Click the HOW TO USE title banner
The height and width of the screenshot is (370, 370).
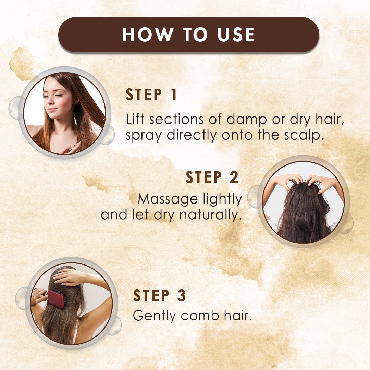(188, 35)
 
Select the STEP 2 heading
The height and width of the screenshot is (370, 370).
(212, 177)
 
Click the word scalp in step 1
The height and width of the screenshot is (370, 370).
(305, 136)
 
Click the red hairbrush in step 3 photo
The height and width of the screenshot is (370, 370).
(56, 298)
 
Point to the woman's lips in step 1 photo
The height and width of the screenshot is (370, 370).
(52, 110)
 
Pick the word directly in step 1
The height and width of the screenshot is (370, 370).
(192, 136)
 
